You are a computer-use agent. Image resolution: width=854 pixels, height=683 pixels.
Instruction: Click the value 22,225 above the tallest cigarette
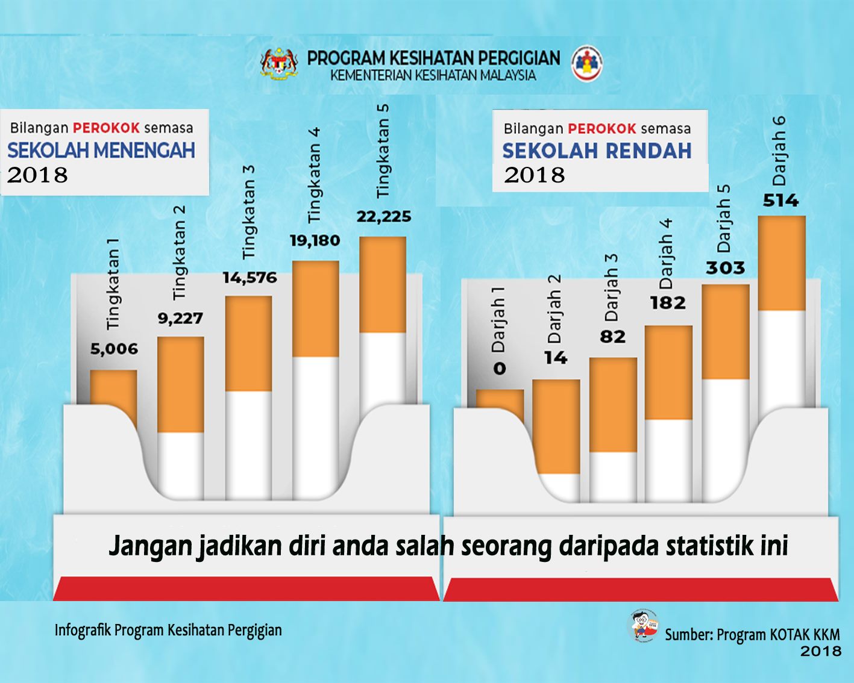pyautogui.click(x=384, y=217)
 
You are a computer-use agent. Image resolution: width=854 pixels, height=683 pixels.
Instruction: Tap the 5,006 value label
pyautogui.click(x=115, y=349)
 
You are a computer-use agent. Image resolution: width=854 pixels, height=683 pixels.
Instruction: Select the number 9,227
pyautogui.click(x=181, y=318)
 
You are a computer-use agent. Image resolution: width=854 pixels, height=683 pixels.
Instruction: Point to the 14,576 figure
pyautogui.click(x=250, y=278)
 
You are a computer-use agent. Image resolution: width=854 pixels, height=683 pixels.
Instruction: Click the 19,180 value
pyautogui.click(x=315, y=241)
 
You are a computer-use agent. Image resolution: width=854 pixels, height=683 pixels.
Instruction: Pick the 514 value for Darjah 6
pyautogui.click(x=780, y=201)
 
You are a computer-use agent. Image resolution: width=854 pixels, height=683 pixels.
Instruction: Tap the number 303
pyautogui.click(x=725, y=269)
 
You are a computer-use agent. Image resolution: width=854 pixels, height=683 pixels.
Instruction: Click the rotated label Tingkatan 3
pyautogui.click(x=248, y=213)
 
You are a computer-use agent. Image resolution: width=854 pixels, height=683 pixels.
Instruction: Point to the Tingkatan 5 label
pyautogui.click(x=383, y=151)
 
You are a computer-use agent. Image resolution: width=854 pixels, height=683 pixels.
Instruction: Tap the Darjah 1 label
pyautogui.click(x=498, y=320)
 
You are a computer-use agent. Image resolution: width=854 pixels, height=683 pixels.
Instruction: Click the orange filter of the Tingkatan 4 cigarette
pyautogui.click(x=315, y=309)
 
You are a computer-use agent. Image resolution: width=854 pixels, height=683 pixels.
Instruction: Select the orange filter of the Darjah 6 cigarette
pyautogui.click(x=782, y=263)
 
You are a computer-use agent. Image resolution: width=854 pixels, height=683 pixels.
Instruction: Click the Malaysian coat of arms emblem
pyautogui.click(x=279, y=63)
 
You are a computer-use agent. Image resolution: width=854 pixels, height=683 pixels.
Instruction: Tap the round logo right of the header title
pyautogui.click(x=587, y=63)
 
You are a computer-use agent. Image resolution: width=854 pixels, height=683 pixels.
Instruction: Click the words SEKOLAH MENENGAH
pyautogui.click(x=102, y=151)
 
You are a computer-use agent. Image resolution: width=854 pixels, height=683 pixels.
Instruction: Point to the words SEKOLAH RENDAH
pyautogui.click(x=597, y=151)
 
